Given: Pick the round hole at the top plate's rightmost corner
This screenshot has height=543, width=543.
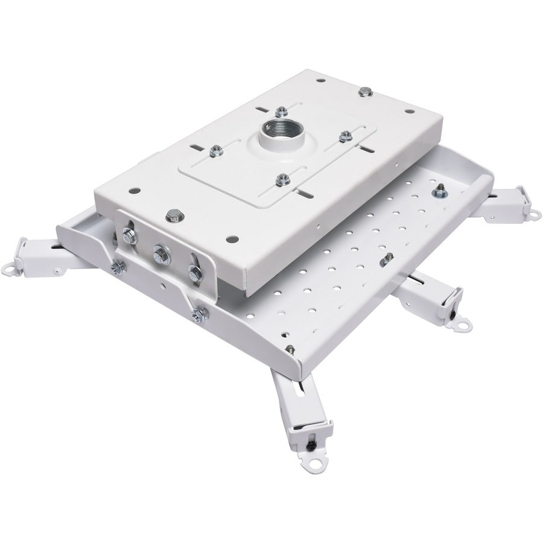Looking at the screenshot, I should pos(408,112).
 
